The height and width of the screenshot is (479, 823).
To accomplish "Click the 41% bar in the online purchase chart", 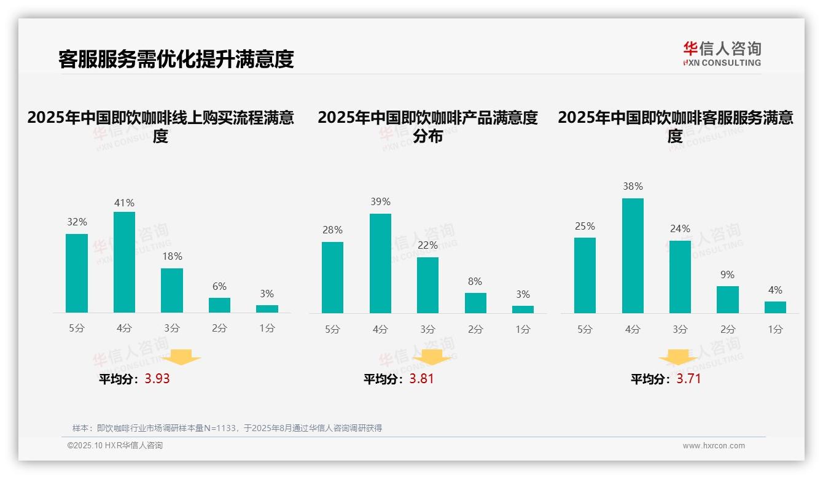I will pos(124,262).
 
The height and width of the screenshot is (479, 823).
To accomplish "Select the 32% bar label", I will pos(77,222).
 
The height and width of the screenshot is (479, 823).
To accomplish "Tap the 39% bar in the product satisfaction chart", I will pos(380,263).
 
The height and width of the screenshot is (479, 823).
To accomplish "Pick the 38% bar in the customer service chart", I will pos(633,255).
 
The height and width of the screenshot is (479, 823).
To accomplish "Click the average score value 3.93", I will pos(157,379).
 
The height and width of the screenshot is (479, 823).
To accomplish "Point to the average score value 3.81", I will pos(421,379).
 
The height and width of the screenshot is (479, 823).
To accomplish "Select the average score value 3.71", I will pos(688,379).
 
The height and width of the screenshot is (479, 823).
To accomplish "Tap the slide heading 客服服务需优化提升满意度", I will pos(176,59).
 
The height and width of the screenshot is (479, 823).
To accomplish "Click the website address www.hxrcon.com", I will pos(714,446).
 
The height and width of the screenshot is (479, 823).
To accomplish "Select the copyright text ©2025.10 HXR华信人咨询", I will pos(115,446).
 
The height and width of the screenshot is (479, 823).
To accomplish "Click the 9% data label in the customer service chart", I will pos(727,275).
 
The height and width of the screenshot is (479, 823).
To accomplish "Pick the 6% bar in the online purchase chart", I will pos(219,305).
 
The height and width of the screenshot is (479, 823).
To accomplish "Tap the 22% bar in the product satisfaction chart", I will pos(427,285).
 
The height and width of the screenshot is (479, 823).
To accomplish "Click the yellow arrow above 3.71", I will pos(679,357).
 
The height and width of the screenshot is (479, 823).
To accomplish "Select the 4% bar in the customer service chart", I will pos(775,307).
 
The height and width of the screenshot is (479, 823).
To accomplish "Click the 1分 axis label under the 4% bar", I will pos(775,330).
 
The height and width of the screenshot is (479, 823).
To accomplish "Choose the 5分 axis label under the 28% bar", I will pos(332,330).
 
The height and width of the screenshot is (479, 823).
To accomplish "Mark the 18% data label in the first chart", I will pos(172,257).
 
